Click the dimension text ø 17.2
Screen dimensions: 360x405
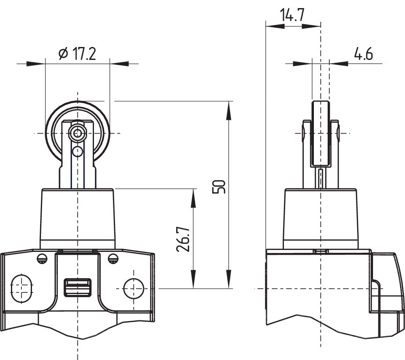tap(77, 53)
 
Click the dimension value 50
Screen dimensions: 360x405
tap(219, 186)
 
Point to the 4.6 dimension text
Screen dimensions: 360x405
tap(363, 53)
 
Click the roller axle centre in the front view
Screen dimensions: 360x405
tap(77, 133)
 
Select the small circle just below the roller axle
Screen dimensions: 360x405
tap(77, 151)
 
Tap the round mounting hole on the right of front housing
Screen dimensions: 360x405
tap(133, 288)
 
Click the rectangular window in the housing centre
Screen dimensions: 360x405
tap(77, 287)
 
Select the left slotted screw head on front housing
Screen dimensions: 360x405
tap(41, 258)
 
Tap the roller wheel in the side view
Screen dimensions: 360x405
tap(320, 134)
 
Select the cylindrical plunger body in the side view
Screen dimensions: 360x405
tap(320, 219)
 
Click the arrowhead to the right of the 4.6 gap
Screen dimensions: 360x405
tap(339, 64)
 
